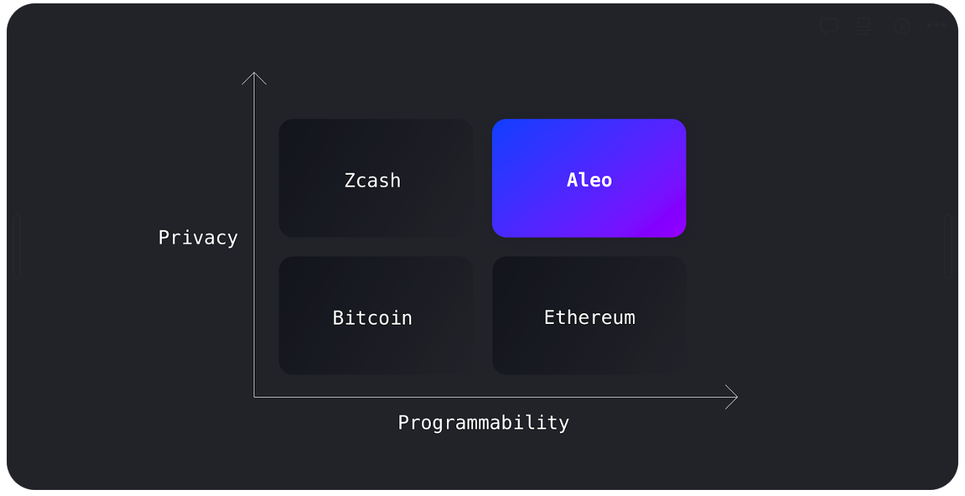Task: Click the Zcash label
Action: [x=372, y=180]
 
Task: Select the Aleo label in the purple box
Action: [x=589, y=180]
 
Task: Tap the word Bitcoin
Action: [x=372, y=317]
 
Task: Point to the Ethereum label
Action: [x=589, y=317]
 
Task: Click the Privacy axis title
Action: [x=198, y=238]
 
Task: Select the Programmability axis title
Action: [x=483, y=423]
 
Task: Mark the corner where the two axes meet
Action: [x=254, y=397]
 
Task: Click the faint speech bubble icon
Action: [x=829, y=26]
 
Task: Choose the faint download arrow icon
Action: [x=902, y=26]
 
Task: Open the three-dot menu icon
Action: [x=936, y=26]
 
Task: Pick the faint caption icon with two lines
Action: [x=864, y=26]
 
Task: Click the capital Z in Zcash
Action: [x=350, y=180]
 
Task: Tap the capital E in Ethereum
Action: [x=550, y=317]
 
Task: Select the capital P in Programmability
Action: [x=404, y=423]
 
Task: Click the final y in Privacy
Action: [x=232, y=239]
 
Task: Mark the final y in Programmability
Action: [x=563, y=424]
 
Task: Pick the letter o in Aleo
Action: [x=606, y=181]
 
